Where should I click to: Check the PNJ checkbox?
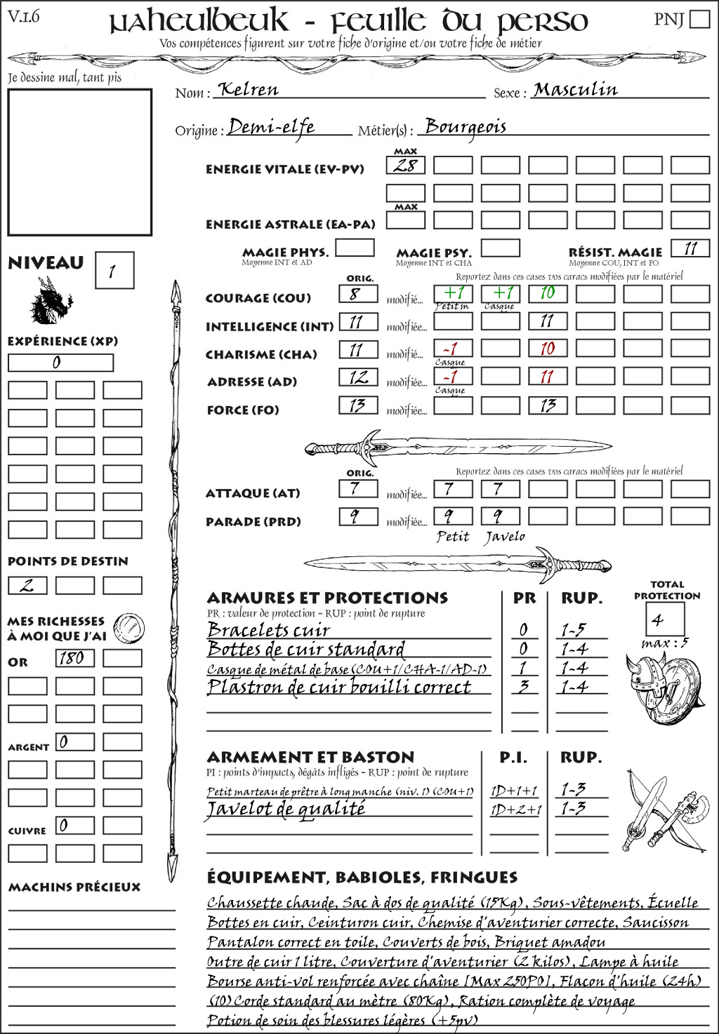pyautogui.click(x=699, y=19)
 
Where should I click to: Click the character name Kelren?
pyautogui.click(x=249, y=90)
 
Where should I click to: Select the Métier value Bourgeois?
pyautogui.click(x=466, y=127)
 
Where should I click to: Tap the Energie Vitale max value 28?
pyautogui.click(x=405, y=166)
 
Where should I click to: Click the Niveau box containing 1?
pyautogui.click(x=114, y=271)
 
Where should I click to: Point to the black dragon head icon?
pyautogui.click(x=51, y=300)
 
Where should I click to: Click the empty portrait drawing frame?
pyautogui.click(x=79, y=162)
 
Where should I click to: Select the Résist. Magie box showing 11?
pyautogui.click(x=690, y=248)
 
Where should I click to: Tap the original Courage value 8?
pyautogui.click(x=358, y=294)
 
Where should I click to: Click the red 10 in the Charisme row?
pyautogui.click(x=548, y=349)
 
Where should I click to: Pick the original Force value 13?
pyautogui.click(x=358, y=405)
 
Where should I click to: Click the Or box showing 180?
pyautogui.click(x=74, y=658)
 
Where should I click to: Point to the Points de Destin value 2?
pyautogui.click(x=27, y=585)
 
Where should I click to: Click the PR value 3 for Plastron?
pyautogui.click(x=523, y=687)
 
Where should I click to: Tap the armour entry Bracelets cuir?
pyautogui.click(x=269, y=630)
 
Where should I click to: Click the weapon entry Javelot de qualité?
pyautogui.click(x=286, y=809)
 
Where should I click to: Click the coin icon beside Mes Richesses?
pyautogui.click(x=129, y=626)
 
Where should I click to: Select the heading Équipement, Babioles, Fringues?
pyautogui.click(x=362, y=877)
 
